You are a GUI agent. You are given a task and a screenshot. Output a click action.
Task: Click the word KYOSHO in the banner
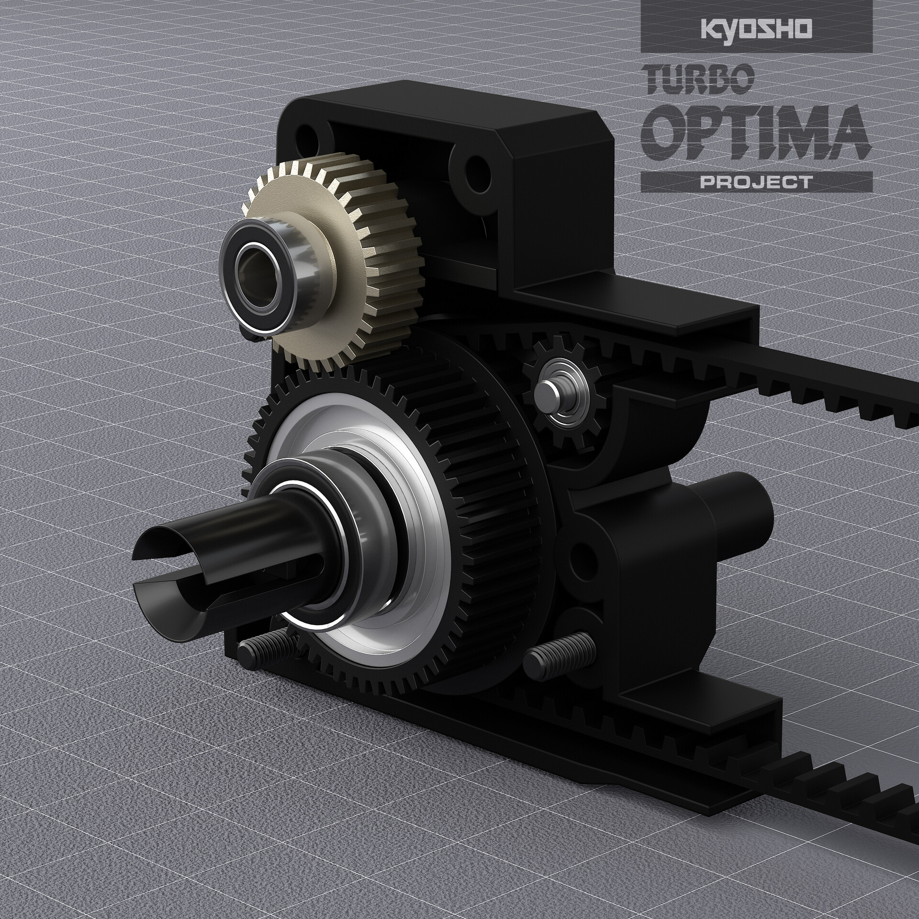(x=756, y=27)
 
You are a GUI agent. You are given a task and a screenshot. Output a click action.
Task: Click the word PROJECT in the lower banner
(x=756, y=182)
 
